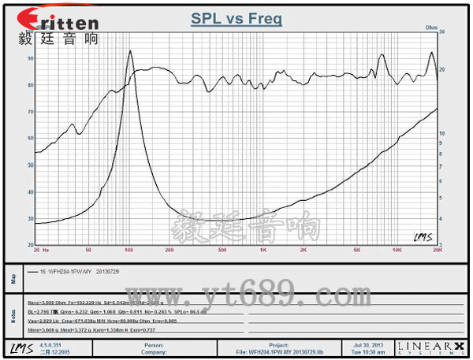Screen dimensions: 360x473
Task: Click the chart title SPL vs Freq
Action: pyautogui.click(x=236, y=19)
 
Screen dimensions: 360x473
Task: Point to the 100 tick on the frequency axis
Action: pyautogui.click(x=128, y=250)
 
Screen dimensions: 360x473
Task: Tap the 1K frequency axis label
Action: pyautogui.click(x=263, y=250)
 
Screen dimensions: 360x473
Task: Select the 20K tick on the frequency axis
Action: pyautogui.click(x=435, y=250)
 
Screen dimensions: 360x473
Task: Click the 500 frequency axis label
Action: pyautogui.click(x=222, y=250)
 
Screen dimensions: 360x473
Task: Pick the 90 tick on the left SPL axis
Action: pyautogui.click(x=30, y=59)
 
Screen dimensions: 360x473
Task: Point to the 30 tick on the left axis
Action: pyautogui.click(x=30, y=218)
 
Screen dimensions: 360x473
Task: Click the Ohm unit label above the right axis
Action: pyautogui.click(x=431, y=28)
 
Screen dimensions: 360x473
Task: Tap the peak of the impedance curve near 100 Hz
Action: pyautogui.click(x=129, y=52)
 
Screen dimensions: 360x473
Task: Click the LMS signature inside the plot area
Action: pyautogui.click(x=422, y=236)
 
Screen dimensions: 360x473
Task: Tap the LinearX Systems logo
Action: pyautogui.click(x=437, y=347)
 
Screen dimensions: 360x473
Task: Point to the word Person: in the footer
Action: pyautogui.click(x=154, y=344)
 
